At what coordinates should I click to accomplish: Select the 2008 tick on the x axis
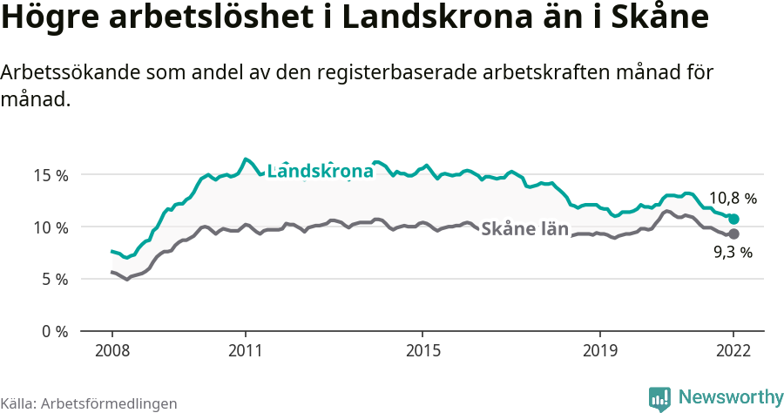(x=112, y=350)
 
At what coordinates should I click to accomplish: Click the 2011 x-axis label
(x=246, y=350)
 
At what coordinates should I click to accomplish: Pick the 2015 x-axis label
(x=422, y=350)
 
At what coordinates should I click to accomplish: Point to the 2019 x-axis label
(x=599, y=350)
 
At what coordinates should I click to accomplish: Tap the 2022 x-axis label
(x=733, y=350)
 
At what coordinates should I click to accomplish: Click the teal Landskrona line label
(x=320, y=172)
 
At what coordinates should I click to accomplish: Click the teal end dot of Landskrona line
(x=733, y=219)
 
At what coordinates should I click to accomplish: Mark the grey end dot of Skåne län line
(x=733, y=234)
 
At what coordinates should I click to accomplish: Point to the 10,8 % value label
(x=733, y=199)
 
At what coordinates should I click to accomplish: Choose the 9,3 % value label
(x=733, y=253)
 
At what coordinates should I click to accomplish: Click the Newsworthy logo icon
(x=660, y=398)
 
